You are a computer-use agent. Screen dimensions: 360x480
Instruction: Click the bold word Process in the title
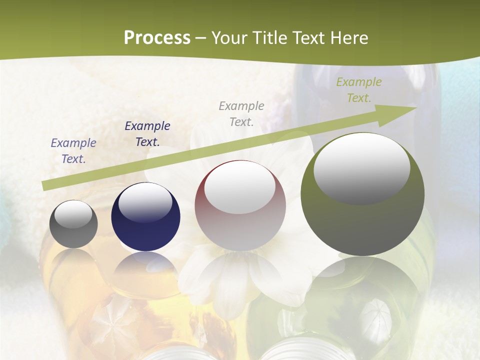[x=157, y=38]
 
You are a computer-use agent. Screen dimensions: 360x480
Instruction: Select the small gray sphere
[x=73, y=224]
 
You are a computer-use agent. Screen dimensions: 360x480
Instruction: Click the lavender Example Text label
[x=73, y=150]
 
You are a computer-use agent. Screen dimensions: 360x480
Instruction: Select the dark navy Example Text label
[x=147, y=134]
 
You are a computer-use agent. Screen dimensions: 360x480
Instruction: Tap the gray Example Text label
[x=241, y=113]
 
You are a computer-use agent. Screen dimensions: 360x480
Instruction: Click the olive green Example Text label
[x=359, y=90]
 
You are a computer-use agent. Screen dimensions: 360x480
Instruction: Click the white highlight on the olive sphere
[x=361, y=167]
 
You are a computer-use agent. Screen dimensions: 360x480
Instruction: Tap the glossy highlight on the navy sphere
[x=145, y=202]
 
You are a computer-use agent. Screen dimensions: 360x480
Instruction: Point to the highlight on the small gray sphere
[x=73, y=214]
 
